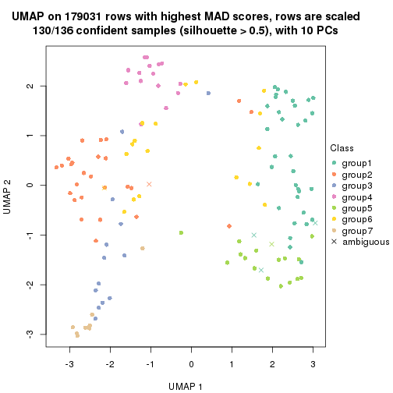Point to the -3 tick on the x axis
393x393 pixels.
pyautogui.click(x=69, y=363)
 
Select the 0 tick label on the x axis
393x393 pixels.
pyautogui.click(x=191, y=363)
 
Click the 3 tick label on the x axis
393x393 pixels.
pyautogui.click(x=313, y=363)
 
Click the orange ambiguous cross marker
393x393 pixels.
pyautogui.click(x=149, y=184)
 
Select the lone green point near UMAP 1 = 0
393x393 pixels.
pyautogui.click(x=181, y=232)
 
